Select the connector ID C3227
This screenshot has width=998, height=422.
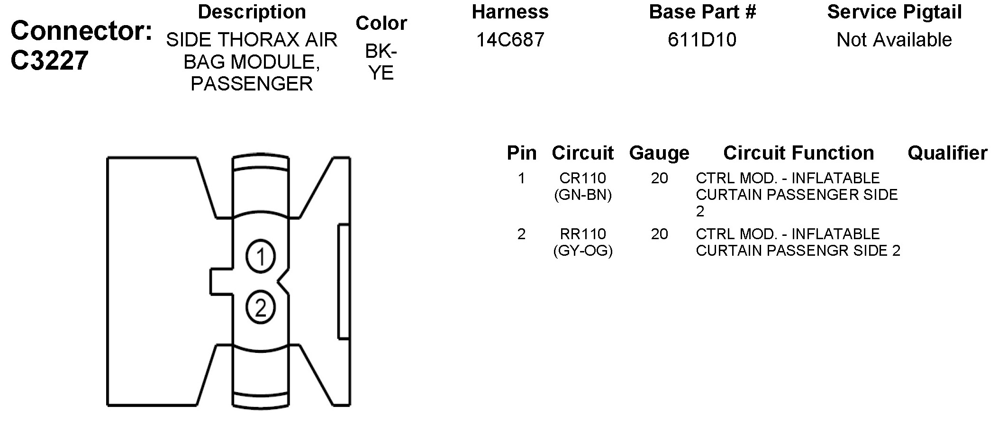click(x=49, y=61)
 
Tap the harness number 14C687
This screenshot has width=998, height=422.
click(x=510, y=40)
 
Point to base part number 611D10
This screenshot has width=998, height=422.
click(x=702, y=40)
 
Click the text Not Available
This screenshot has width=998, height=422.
click(x=894, y=40)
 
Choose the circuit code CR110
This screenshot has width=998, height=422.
click(x=582, y=179)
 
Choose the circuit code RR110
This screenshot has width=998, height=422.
click(x=582, y=234)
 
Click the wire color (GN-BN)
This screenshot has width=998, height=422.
click(x=582, y=195)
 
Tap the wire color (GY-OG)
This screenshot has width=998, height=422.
click(x=582, y=251)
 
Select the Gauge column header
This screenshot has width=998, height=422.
click(x=659, y=153)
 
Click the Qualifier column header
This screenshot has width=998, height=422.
click(x=947, y=153)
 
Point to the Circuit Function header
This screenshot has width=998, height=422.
click(x=798, y=153)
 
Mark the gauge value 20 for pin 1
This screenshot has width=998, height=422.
click(x=659, y=179)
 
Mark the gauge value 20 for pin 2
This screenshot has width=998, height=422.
click(x=659, y=234)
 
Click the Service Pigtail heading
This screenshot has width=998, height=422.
click(x=894, y=12)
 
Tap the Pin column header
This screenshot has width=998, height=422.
click(x=521, y=153)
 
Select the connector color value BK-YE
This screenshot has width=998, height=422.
click(x=381, y=62)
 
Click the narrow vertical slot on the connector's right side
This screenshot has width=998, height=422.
click(x=344, y=282)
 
